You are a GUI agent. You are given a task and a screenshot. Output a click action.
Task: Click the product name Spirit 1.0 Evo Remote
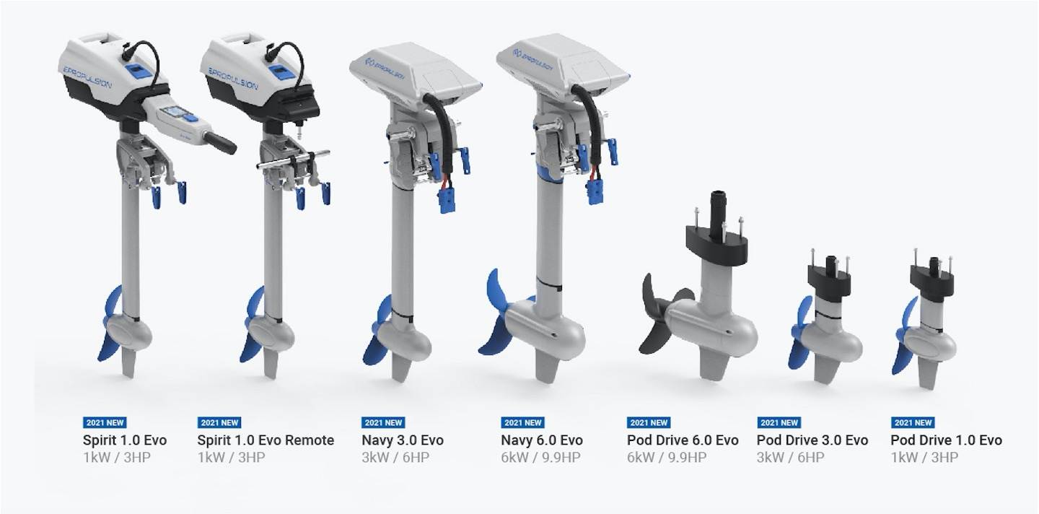pos(266,440)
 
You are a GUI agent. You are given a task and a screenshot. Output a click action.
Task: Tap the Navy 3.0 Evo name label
pos(402,440)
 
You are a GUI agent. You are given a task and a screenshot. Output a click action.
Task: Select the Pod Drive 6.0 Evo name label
pos(683,440)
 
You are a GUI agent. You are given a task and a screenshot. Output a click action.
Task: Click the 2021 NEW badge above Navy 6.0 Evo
pos(522,422)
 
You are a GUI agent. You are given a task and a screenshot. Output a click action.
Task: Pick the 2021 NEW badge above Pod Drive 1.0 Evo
pos(913,422)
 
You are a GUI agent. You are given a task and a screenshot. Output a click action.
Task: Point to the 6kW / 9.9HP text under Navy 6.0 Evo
pos(540,458)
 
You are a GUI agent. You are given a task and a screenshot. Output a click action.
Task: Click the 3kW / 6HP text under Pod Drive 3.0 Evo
pos(790,458)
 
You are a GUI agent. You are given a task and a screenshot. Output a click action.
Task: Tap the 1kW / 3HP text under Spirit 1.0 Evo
pos(117,458)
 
